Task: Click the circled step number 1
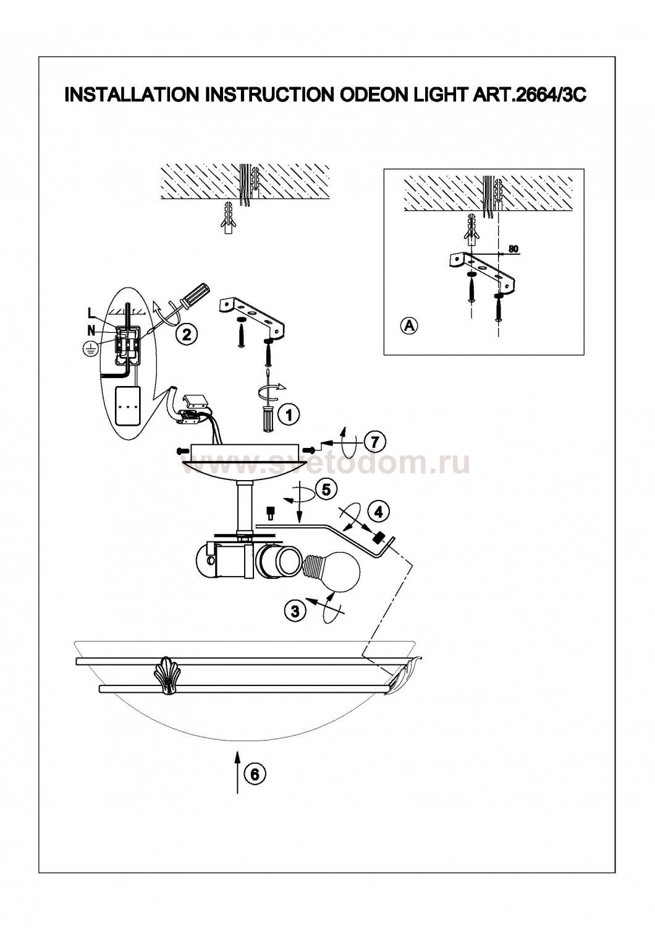[x=289, y=415]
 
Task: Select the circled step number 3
[x=295, y=610]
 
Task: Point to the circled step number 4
[x=378, y=512]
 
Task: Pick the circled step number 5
[x=326, y=489]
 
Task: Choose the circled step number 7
[x=375, y=442]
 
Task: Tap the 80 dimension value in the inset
[x=513, y=249]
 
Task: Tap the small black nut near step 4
[x=378, y=539]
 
